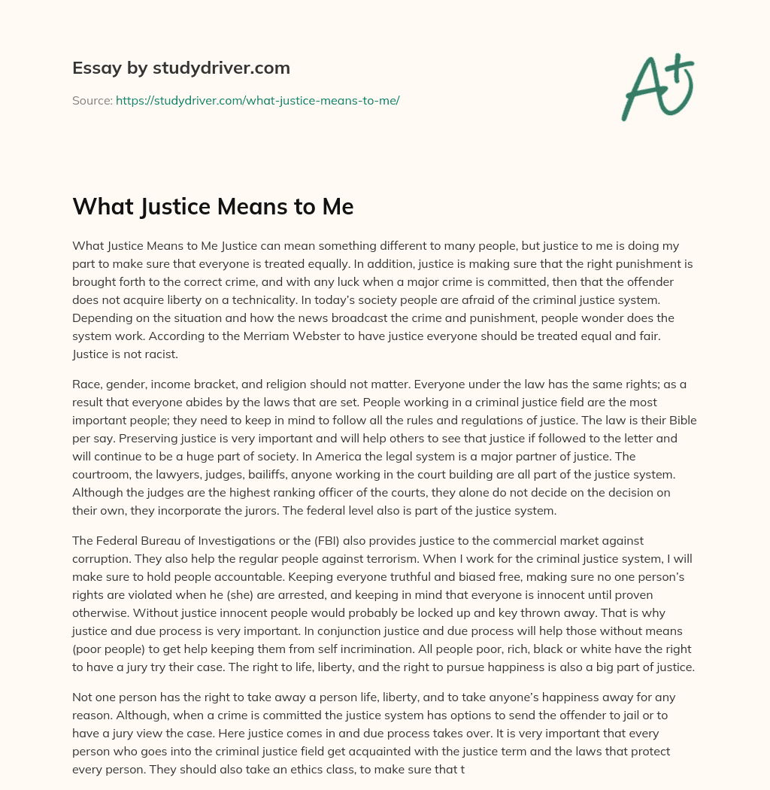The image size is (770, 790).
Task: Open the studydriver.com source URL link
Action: (257, 100)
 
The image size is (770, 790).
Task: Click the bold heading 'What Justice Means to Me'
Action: (213, 206)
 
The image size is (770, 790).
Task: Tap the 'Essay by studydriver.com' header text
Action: (181, 68)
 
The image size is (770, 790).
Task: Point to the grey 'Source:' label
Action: (92, 100)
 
